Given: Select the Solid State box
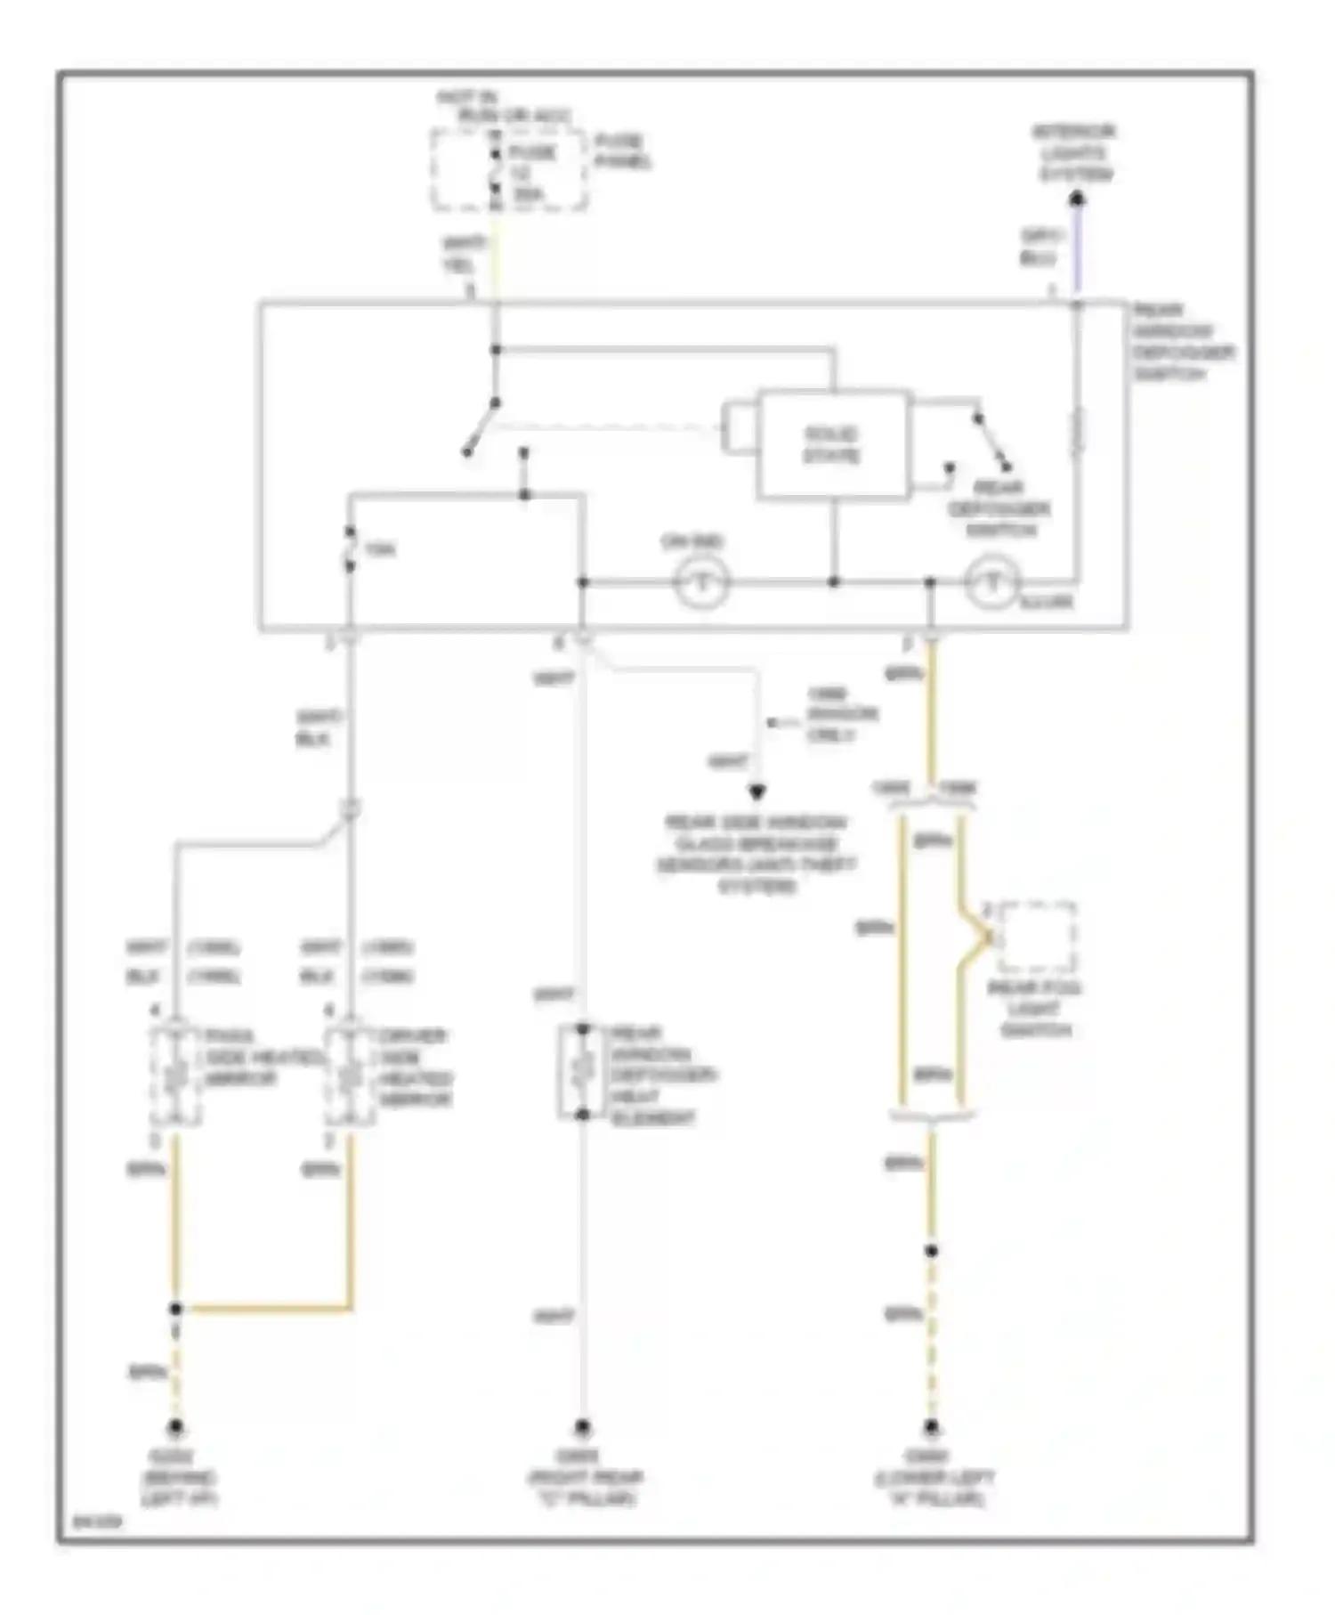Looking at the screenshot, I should coord(833,444).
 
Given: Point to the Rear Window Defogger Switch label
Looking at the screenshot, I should coord(1182,342).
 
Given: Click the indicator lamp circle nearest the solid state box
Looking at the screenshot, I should coord(701,583).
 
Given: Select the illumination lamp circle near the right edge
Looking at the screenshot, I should coord(991,583).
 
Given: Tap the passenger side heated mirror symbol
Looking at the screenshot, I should coord(175,1075).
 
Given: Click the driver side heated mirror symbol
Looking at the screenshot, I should coord(350,1075).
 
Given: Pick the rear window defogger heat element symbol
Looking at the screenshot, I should coord(582,1072).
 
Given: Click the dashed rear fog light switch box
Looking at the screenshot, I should coord(1036,937).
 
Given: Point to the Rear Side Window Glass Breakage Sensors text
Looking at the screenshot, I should coord(756,854).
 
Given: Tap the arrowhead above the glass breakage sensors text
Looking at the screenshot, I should coord(756,791).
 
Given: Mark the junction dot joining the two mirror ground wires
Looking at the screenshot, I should coord(175,1309).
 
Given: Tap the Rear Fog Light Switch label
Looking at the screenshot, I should coord(1034,1009).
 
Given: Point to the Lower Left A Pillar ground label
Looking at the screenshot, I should coord(933,1478).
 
